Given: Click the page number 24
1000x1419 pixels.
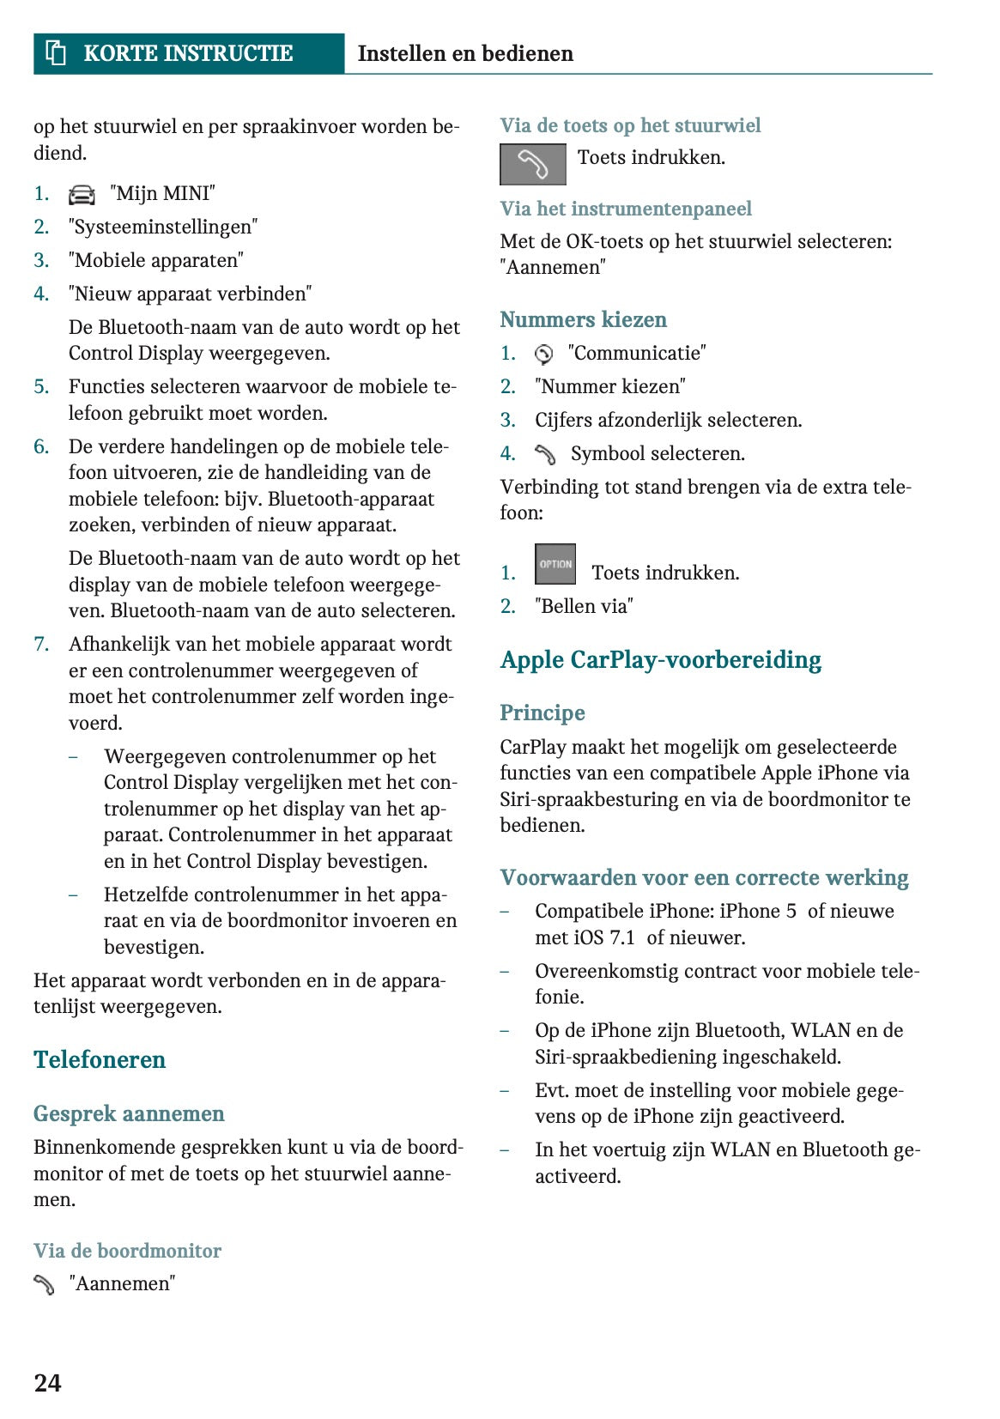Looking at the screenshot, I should pos(47,1382).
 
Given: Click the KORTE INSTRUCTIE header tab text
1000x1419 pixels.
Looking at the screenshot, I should pos(188,53).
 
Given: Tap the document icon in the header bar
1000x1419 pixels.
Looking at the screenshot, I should pos(56,53).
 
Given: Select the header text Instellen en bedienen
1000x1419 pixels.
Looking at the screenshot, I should pos(465,53).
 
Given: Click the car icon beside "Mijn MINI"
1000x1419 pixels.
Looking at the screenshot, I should pos(82,195).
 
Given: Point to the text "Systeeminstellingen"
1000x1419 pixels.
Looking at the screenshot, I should pos(163,227).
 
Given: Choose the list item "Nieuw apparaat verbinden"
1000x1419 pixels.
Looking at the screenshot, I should pos(190,294).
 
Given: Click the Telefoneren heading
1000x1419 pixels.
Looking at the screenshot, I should pos(100,1059).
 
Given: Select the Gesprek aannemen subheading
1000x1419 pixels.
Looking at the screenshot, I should pos(129,1113).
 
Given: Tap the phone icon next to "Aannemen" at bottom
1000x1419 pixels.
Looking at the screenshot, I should pos(44,1284).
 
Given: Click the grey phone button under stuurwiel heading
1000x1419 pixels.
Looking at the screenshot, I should pos(532,164).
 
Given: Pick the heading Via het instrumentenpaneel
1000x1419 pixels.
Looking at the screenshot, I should pos(626,209).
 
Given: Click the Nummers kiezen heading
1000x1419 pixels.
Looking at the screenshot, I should pos(583,319).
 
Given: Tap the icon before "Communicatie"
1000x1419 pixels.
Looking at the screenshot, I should pos(543,354).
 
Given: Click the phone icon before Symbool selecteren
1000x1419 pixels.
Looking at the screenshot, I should pos(545,454).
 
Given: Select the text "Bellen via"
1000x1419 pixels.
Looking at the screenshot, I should pos(584,606).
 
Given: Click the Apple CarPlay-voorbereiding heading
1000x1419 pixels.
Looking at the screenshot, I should pos(660,659).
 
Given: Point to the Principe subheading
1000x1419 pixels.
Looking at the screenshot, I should pos(542,713).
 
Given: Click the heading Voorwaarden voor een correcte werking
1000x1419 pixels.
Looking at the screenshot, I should pos(704,877).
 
